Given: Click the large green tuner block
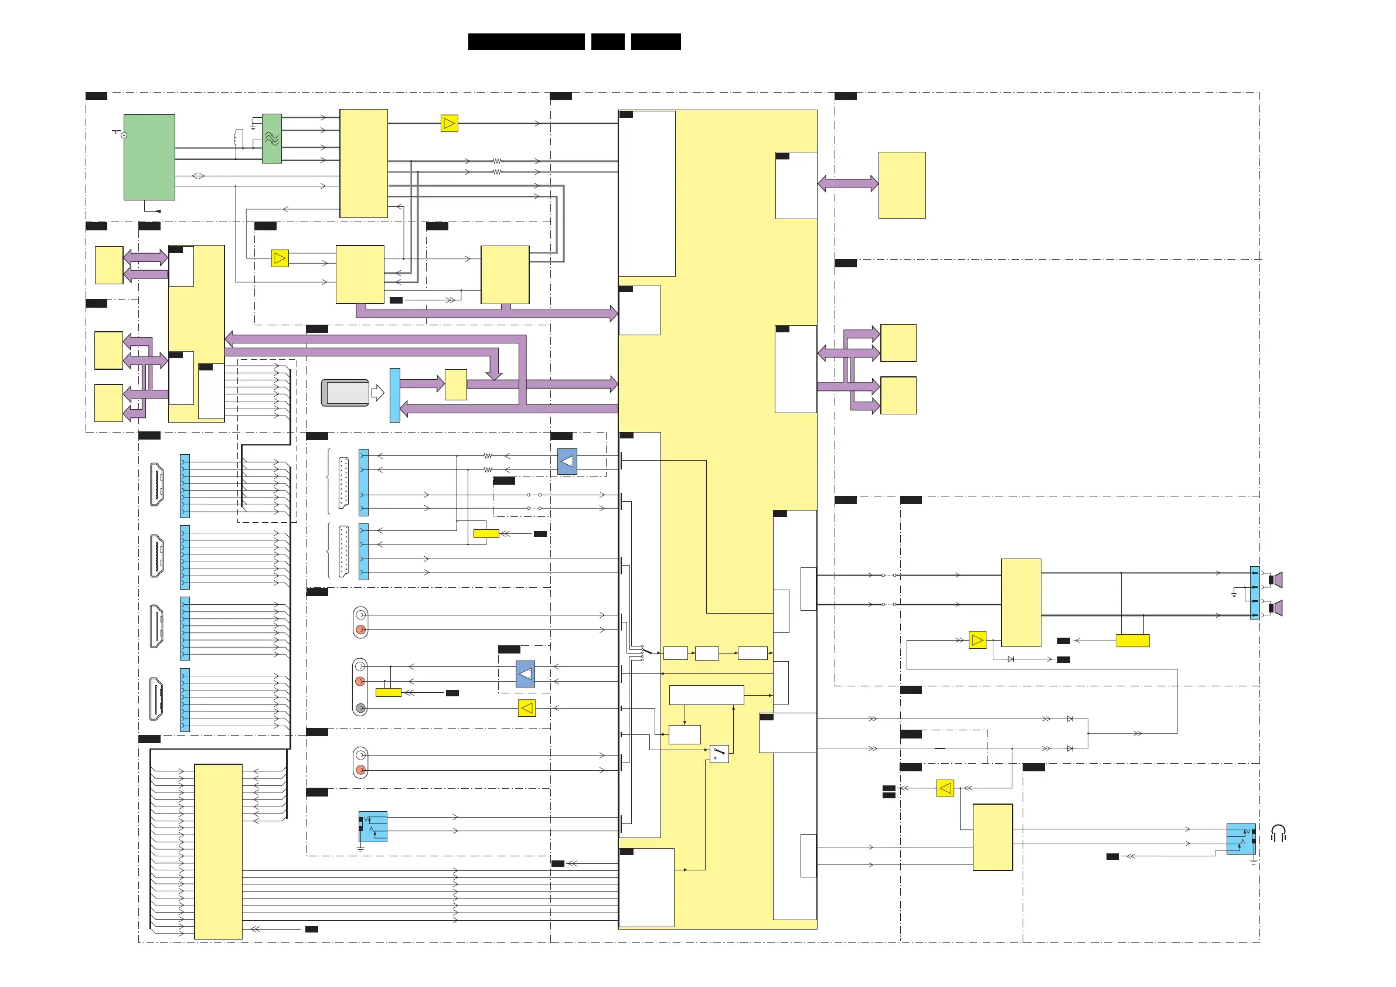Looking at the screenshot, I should click(x=149, y=157).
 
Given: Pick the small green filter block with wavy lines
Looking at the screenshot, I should click(x=272, y=138).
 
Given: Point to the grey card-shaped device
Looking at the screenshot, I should click(x=345, y=393).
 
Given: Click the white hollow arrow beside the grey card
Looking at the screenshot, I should click(x=377, y=393).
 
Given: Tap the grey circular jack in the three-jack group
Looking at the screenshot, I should click(x=360, y=708).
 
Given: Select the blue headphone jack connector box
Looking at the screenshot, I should click(x=1240, y=839).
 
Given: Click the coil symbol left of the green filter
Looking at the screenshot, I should click(x=238, y=138).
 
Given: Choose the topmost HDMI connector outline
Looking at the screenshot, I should click(x=157, y=484).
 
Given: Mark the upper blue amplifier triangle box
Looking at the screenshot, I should click(x=567, y=462).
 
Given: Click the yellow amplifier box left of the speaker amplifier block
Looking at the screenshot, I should click(x=977, y=641).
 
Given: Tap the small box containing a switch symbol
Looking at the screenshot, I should click(x=719, y=754).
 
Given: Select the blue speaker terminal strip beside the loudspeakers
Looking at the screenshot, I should click(x=1254, y=593).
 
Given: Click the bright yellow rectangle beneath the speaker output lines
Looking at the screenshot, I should click(x=1132, y=641).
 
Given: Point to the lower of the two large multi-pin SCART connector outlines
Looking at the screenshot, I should click(x=343, y=551).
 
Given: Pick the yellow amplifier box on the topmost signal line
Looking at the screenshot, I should click(x=449, y=124).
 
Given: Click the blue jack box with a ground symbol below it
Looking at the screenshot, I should click(x=373, y=826).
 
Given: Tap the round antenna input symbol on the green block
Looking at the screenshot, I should click(x=124, y=135).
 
